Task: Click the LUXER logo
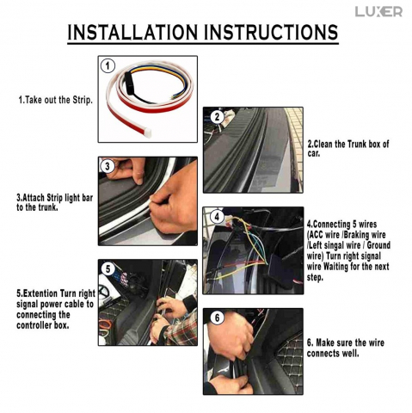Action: pos(378,11)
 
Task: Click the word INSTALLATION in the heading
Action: pos(132,32)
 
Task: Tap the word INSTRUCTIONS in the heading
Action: pos(271,32)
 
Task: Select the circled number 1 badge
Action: pos(108,66)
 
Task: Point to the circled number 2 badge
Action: pos(217,117)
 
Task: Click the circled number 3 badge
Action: pos(108,166)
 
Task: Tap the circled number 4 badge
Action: pos(217,217)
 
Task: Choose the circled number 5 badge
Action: pos(108,269)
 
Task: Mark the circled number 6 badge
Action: pos(217,317)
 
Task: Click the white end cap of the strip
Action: pos(148,133)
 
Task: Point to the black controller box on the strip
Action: pos(129,81)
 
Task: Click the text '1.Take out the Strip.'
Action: pos(56,100)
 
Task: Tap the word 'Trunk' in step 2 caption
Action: pos(357,144)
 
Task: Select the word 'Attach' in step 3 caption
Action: pos(34,198)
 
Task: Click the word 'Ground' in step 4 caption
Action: pos(378,245)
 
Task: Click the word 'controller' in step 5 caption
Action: pos(34,325)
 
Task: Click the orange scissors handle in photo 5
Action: pos(105,325)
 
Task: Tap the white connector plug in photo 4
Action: pos(230,222)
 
